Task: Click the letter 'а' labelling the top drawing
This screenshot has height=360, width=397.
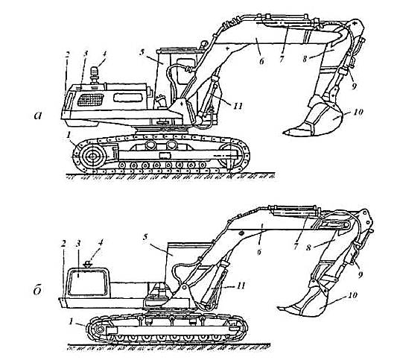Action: [x=38, y=116]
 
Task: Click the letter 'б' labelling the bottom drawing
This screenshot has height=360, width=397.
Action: [x=37, y=290]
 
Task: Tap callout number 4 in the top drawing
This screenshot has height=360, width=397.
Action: [x=104, y=54]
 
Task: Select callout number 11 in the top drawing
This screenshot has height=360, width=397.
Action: [x=238, y=106]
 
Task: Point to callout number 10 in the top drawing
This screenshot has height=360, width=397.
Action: [x=358, y=112]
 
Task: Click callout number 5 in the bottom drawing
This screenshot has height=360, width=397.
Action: [x=144, y=238]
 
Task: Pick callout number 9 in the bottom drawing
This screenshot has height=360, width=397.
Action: [x=361, y=274]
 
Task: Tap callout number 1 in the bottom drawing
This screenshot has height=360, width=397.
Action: [x=72, y=321]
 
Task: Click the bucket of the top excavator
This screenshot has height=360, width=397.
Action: [x=314, y=119]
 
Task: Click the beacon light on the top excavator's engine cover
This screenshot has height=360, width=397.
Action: [x=95, y=75]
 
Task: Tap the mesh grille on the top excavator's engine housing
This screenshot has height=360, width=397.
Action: [x=91, y=100]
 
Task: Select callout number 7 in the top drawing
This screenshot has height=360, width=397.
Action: [x=282, y=60]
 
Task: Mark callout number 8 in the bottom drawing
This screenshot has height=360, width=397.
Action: [x=308, y=247]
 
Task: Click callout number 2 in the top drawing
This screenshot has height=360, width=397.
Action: [x=67, y=54]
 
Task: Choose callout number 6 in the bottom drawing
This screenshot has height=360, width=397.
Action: [x=258, y=251]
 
